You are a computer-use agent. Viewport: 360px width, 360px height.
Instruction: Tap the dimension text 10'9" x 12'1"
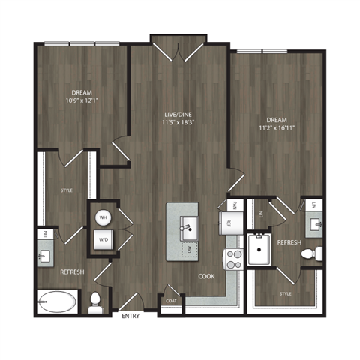click(82, 100)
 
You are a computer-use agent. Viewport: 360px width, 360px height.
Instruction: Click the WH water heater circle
click(103, 218)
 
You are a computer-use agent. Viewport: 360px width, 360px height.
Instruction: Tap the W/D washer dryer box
click(103, 241)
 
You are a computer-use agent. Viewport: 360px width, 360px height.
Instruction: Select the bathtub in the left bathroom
click(57, 303)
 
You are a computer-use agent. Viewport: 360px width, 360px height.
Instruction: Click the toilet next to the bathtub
click(96, 304)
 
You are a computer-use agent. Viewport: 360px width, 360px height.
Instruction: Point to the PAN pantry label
click(234, 204)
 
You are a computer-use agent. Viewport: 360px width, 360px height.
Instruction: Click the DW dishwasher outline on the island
click(190, 248)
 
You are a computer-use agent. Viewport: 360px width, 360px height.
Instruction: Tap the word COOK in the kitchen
click(206, 276)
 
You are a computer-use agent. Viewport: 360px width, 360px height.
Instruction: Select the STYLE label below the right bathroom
click(285, 293)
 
